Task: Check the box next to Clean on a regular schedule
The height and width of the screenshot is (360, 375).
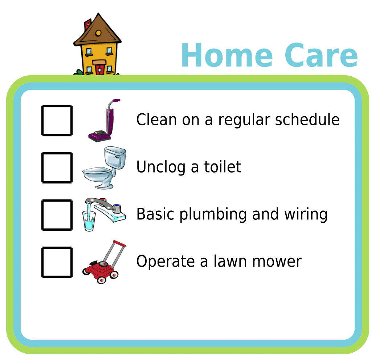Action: (x=57, y=121)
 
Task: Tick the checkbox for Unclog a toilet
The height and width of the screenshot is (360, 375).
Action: (x=57, y=167)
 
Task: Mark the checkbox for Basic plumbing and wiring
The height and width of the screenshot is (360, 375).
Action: (x=57, y=215)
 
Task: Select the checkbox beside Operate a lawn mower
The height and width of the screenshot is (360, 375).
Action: (x=57, y=262)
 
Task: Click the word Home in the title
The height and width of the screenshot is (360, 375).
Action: (x=227, y=56)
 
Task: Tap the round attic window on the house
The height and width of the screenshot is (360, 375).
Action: (x=98, y=33)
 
